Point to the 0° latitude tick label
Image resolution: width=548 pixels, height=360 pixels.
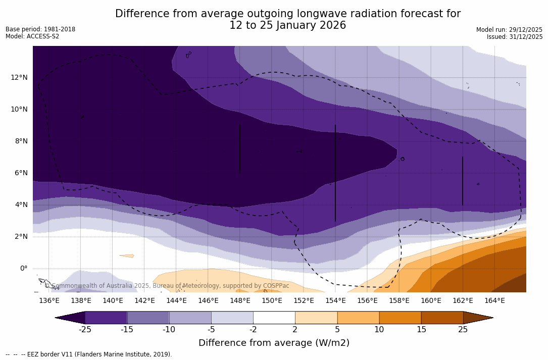(x=24, y=268)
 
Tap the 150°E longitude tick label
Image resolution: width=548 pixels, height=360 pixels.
(x=272, y=300)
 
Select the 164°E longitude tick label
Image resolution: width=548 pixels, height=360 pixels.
(x=494, y=300)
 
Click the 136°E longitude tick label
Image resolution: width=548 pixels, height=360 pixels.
(x=49, y=300)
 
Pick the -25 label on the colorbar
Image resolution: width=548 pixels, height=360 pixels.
(x=85, y=330)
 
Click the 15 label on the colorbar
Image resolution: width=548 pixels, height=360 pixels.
(x=421, y=330)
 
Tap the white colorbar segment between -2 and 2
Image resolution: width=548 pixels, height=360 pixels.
(x=274, y=318)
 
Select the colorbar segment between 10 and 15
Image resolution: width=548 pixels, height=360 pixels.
(x=400, y=318)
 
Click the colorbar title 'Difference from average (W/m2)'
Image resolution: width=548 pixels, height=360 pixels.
(x=274, y=343)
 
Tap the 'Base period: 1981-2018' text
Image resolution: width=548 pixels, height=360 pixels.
(x=40, y=29)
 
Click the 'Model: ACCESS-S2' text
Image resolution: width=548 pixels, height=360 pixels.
(x=32, y=36)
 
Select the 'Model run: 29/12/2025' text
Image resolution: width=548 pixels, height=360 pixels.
(x=509, y=30)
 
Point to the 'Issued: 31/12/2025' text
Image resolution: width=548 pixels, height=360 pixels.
(x=515, y=37)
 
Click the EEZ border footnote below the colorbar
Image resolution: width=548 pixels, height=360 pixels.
(x=89, y=354)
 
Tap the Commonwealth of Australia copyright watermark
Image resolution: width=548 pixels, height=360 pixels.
(x=167, y=286)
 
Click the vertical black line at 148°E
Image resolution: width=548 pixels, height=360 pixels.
(x=240, y=149)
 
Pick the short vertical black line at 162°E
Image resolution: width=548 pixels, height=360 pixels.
(x=463, y=181)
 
